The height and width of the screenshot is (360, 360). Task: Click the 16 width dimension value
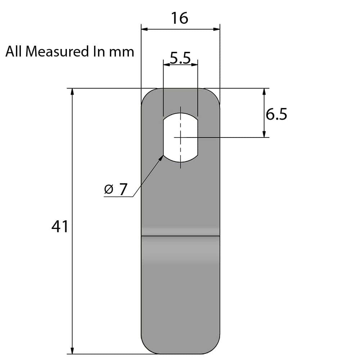[180, 18]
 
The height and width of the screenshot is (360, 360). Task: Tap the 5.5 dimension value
[180, 58]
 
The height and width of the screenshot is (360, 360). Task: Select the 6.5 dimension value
[276, 115]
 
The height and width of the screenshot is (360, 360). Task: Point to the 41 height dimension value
[60, 227]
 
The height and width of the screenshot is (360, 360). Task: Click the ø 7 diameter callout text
[116, 189]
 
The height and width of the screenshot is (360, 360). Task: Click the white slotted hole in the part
[180, 137]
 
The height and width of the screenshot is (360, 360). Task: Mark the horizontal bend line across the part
[180, 236]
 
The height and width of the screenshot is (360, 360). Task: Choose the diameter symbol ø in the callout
[108, 189]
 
